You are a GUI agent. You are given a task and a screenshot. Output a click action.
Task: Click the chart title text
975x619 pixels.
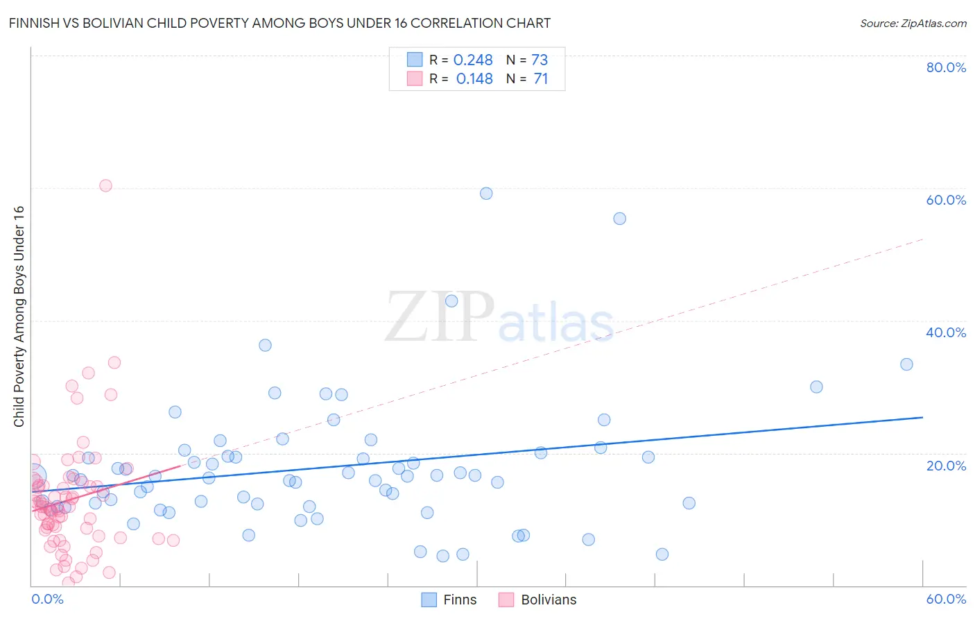(279, 23)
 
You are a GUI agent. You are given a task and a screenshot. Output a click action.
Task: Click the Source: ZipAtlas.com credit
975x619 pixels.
(913, 23)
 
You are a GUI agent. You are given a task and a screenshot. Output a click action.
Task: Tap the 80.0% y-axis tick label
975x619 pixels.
(946, 67)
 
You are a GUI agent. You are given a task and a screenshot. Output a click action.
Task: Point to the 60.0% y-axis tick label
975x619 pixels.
(946, 200)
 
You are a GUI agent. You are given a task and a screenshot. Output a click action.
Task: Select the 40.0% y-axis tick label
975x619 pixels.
(946, 332)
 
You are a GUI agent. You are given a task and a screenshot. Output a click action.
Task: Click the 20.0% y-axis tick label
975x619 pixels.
(946, 465)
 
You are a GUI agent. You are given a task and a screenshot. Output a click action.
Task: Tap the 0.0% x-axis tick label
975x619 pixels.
(47, 599)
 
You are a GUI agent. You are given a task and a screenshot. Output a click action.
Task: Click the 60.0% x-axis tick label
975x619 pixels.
(946, 599)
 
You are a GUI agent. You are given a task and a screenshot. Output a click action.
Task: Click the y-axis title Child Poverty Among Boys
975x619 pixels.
(19, 316)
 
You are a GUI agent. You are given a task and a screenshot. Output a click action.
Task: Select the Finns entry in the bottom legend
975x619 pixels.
(449, 600)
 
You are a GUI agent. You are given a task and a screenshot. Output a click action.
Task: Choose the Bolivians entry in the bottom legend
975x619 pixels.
(537, 600)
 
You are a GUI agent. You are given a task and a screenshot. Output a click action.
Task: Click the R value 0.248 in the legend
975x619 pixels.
(473, 60)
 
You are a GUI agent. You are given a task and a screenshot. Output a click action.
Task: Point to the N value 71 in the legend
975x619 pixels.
(541, 79)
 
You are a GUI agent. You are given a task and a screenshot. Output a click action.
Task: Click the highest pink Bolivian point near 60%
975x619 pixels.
(105, 185)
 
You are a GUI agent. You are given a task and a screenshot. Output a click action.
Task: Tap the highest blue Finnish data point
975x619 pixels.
(486, 194)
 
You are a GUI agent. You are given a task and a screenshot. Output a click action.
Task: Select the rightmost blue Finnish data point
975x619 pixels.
(906, 364)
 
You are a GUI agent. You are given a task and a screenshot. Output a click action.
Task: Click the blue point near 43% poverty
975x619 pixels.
(451, 301)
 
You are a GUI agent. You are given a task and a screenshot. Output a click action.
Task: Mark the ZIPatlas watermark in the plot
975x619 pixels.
(499, 317)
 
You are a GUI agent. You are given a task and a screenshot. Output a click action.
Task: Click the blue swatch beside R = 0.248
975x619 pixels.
(415, 60)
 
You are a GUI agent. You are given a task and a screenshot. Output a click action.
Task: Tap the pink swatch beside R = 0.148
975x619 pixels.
(415, 79)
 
